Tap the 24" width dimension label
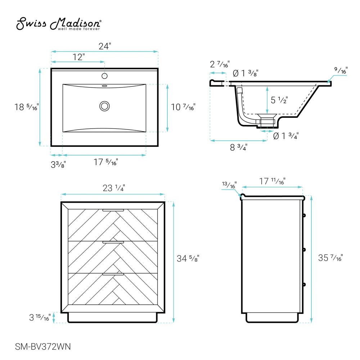105,46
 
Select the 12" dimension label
78,57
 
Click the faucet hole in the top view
105,76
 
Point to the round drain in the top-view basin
105,106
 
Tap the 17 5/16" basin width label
106,162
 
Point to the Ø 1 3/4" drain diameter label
286,136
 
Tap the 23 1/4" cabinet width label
114,188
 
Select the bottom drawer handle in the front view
113,274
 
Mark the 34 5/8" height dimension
188,258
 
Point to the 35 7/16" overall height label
330,258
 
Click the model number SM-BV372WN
43,347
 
